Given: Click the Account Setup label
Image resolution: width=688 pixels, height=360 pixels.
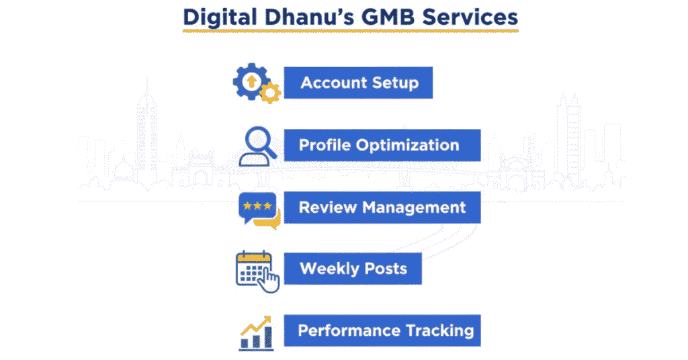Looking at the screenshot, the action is pos(359,83).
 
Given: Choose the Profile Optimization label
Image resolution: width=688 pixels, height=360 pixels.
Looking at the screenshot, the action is pos(379,145).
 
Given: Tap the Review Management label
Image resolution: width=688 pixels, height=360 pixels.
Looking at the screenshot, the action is pos(382,207).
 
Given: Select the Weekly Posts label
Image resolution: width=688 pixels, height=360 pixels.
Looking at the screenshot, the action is pos(353,269).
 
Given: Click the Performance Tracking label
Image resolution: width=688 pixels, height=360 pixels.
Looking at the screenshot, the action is pos(386,330).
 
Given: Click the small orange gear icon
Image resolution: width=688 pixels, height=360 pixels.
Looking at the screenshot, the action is pos(269,93).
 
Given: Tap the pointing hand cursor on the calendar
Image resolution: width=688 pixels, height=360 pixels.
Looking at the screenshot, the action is pos(270,281).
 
